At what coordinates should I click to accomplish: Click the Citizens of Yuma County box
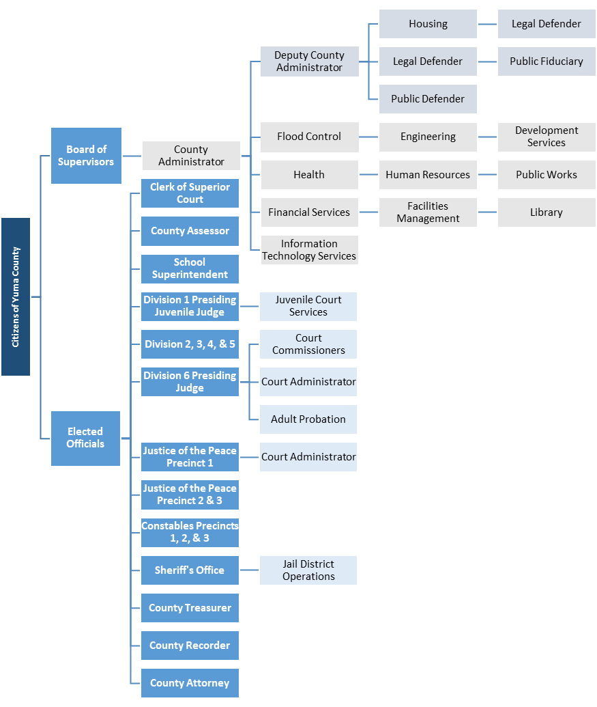16,296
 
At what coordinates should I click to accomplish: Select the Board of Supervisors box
86,155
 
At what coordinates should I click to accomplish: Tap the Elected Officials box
85,438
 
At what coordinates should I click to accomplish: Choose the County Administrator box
191,156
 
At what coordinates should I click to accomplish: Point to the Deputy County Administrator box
309,61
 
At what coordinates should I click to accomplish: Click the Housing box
428,24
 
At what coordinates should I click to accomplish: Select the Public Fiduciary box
546,61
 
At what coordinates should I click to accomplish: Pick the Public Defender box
428,99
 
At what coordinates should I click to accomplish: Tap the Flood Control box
309,137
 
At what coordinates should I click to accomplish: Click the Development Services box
546,137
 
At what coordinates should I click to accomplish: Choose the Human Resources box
428,175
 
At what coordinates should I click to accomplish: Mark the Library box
546,212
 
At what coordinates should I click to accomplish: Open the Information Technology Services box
309,250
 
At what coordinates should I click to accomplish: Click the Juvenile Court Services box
308,306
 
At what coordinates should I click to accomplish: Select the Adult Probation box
308,419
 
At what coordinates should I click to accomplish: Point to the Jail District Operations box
308,570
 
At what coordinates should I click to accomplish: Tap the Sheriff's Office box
190,570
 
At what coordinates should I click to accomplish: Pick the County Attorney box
190,683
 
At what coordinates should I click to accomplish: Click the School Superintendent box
190,268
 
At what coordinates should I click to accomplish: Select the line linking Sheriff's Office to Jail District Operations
249,570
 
